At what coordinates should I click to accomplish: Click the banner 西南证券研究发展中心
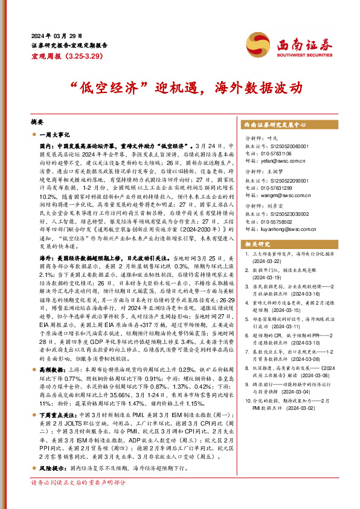(275, 124)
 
